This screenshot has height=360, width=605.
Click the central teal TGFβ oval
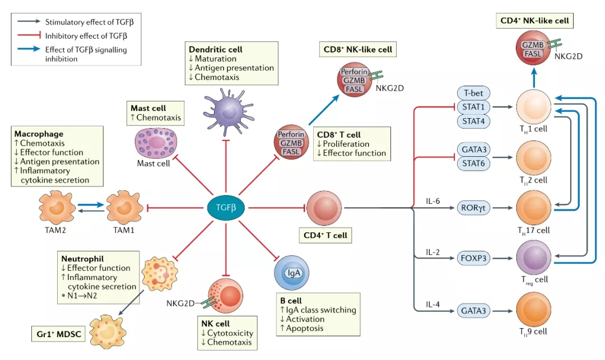click(x=226, y=208)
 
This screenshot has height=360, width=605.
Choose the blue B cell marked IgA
click(x=292, y=273)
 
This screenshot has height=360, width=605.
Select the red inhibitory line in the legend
click(x=26, y=36)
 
